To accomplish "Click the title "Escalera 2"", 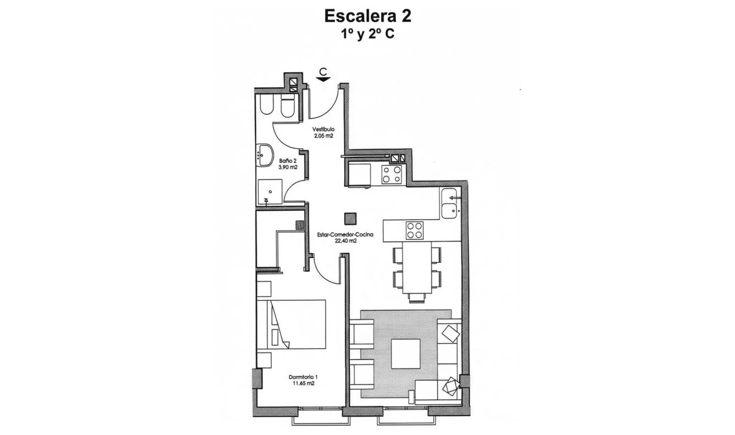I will click(x=368, y=16).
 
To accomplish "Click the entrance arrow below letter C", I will click(x=323, y=79).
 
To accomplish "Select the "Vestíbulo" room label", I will click(x=323, y=129).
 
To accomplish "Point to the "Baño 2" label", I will click(x=287, y=161).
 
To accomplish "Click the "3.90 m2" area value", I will click(x=287, y=167).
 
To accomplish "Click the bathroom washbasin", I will click(x=265, y=155).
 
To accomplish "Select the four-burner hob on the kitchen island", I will click(x=414, y=230).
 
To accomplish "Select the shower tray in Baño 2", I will click(x=271, y=191).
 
